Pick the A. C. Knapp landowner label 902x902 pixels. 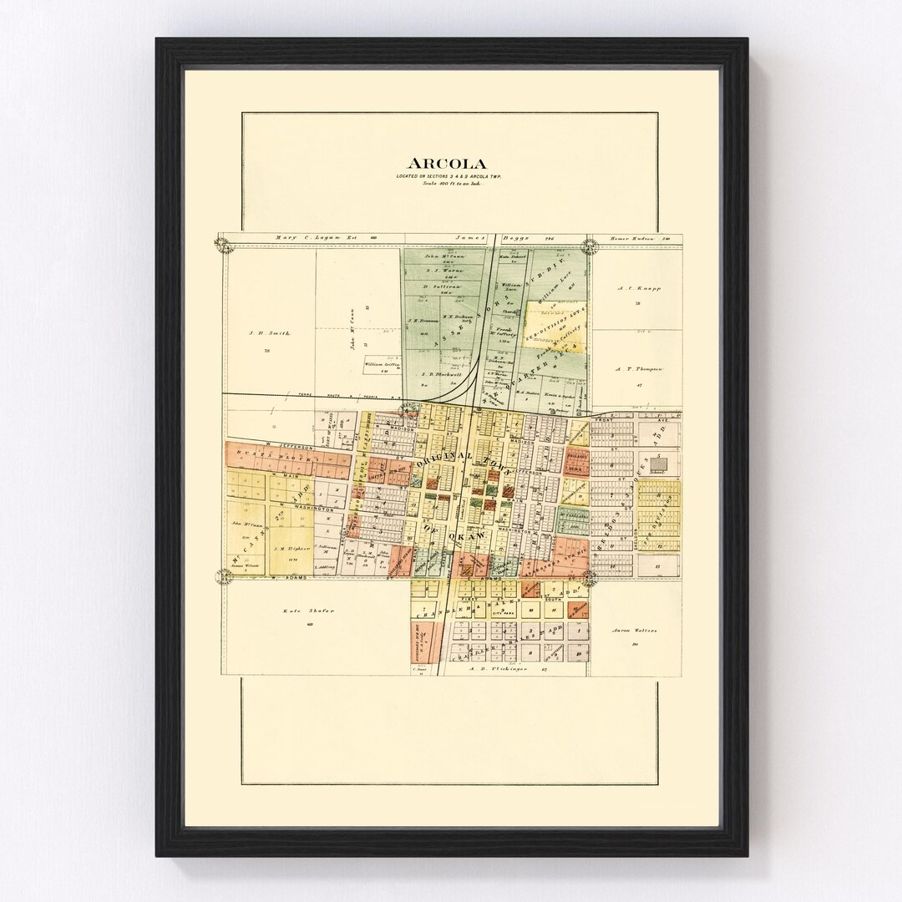(639, 288)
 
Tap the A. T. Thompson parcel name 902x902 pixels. (639, 367)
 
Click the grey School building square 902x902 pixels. (660, 462)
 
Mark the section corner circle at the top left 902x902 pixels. (224, 244)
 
